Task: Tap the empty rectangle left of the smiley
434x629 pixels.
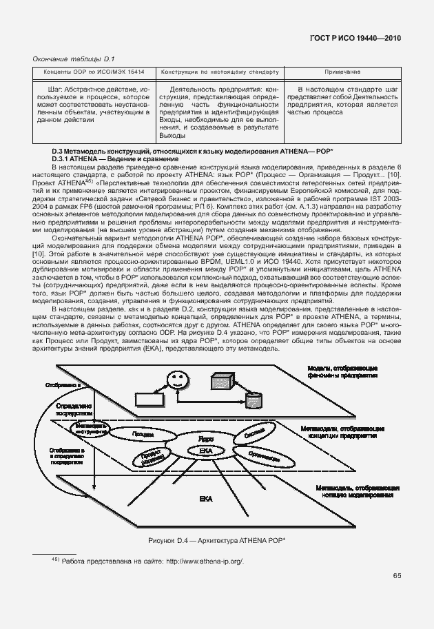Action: [x=146, y=399]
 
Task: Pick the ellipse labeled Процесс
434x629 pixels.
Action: [x=143, y=435]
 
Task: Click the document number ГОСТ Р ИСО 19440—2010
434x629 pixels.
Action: [x=356, y=39]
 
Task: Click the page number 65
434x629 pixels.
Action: [x=396, y=576]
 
